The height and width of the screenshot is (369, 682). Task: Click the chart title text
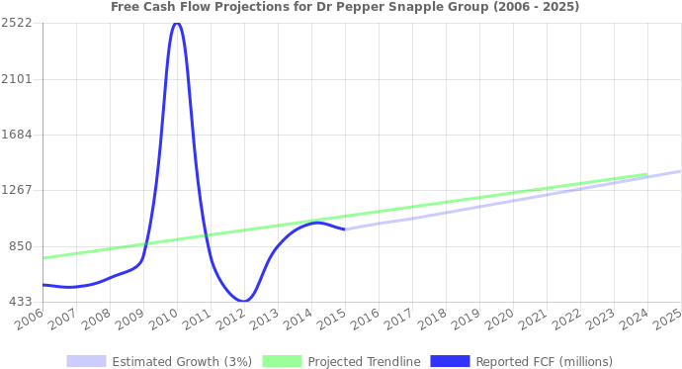pyautogui.click(x=345, y=7)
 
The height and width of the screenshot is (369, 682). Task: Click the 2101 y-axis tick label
pyautogui.click(x=18, y=78)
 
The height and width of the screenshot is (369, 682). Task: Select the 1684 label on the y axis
pyautogui.click(x=18, y=135)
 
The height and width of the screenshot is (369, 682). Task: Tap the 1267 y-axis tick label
pyautogui.click(x=18, y=190)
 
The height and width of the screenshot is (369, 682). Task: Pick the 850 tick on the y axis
pyautogui.click(x=21, y=245)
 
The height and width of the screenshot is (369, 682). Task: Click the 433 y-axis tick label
pyautogui.click(x=21, y=301)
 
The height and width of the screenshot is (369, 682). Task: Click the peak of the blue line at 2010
pyautogui.click(x=176, y=24)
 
